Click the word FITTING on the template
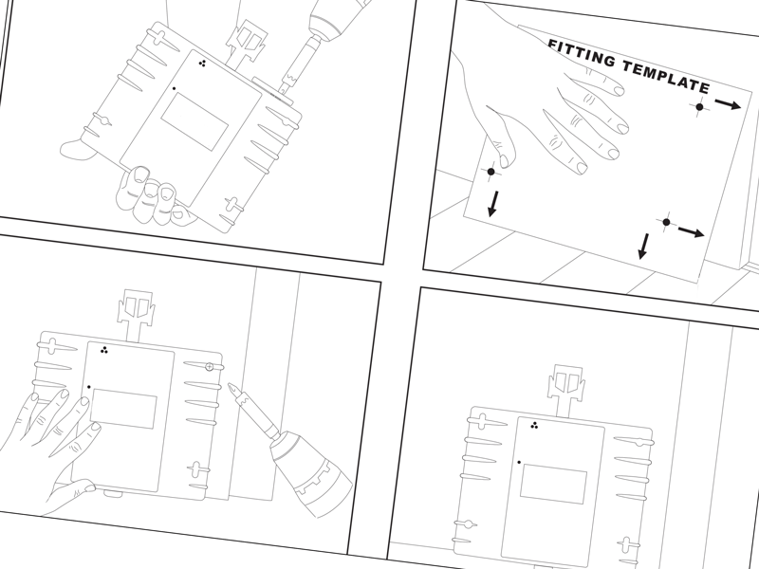click(580, 55)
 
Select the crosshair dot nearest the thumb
click(491, 172)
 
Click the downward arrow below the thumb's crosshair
click(492, 203)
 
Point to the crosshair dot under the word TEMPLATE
click(699, 107)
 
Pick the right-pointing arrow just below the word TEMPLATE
click(728, 103)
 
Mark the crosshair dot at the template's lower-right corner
click(666, 222)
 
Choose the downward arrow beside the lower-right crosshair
click(644, 246)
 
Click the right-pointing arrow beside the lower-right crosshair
click(692, 230)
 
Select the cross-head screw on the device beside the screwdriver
click(209, 366)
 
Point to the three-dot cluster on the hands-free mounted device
click(535, 425)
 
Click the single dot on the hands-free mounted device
click(519, 462)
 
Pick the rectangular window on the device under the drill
click(194, 118)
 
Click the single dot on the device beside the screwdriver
click(88, 387)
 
